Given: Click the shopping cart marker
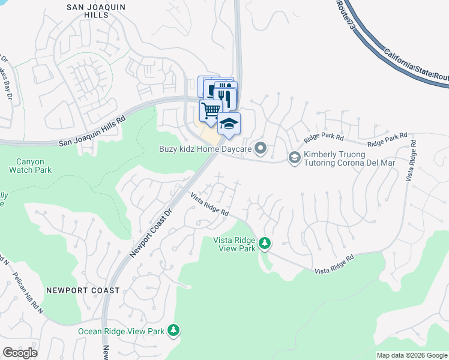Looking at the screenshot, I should (210, 110).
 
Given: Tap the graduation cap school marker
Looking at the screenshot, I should (229, 124).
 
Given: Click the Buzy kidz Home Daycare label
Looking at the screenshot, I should (205, 148).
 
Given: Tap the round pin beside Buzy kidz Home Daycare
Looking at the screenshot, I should (260, 148).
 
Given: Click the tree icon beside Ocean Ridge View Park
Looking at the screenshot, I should (173, 331).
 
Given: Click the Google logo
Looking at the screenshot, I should (20, 353).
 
